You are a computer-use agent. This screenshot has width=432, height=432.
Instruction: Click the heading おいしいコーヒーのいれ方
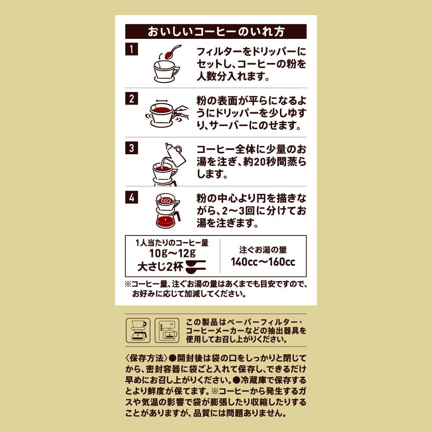216,32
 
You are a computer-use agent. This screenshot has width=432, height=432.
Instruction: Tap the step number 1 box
131,49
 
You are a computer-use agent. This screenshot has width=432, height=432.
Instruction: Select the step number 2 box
131,98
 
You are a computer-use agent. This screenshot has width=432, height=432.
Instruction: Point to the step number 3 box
131,148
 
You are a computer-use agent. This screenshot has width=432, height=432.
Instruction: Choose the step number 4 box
131,197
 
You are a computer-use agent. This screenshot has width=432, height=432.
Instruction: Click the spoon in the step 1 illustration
173,52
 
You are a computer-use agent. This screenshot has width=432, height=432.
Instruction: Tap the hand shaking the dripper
181,113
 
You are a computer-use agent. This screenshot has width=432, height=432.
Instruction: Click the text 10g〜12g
172,253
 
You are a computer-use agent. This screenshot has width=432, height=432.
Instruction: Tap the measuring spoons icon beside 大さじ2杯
196,266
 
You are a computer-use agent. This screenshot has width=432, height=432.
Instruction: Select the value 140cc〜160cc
263,262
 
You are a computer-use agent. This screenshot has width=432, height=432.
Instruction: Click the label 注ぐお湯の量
263,250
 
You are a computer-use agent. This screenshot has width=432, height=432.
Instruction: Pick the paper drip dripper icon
138,330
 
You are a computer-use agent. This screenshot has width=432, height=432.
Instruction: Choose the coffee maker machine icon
167,330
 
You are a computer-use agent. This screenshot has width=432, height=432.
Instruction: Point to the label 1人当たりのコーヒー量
172,243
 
